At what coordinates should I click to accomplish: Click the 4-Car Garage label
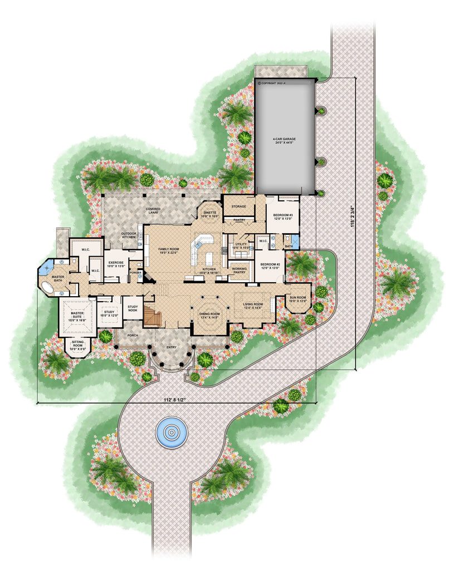[284, 140]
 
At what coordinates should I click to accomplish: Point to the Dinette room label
[210, 214]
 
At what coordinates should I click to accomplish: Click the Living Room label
[253, 306]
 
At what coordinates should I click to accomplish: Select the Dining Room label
[209, 316]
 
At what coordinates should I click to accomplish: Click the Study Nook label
[133, 308]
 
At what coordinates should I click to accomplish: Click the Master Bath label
[58, 278]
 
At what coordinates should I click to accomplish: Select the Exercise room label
[116, 264]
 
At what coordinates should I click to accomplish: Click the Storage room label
[238, 207]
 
